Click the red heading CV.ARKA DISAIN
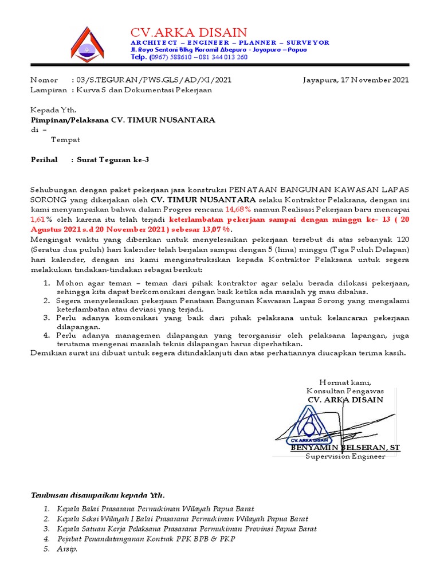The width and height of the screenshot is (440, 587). click(188, 32)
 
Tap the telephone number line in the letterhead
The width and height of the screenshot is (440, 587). click(189, 57)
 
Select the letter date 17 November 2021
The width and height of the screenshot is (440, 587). click(356, 80)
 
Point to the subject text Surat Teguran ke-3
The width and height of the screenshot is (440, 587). click(113, 160)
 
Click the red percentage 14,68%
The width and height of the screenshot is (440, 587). click(241, 209)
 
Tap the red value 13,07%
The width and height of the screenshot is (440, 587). click(217, 229)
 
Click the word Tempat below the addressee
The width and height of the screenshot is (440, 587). click(65, 139)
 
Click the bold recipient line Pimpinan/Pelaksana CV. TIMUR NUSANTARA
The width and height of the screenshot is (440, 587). click(123, 120)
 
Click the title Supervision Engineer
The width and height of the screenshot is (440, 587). click(345, 456)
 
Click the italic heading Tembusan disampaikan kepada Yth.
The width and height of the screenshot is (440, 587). click(97, 495)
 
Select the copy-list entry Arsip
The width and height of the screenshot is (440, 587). click(67, 549)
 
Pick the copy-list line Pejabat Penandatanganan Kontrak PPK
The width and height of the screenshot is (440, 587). click(146, 539)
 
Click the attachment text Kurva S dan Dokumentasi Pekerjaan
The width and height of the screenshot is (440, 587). click(144, 90)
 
